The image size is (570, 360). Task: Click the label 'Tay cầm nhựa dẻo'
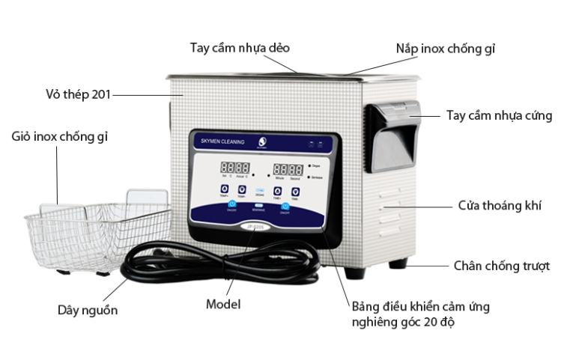click(240, 48)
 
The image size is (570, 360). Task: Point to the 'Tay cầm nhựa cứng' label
click(499, 115)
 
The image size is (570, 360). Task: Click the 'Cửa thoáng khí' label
click(500, 205)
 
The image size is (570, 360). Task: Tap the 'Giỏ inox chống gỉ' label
click(61, 136)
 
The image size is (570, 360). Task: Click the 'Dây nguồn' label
click(88, 309)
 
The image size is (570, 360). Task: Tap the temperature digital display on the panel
click(234, 168)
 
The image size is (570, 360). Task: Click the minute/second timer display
click(287, 170)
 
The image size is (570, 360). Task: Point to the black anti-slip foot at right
click(398, 263)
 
